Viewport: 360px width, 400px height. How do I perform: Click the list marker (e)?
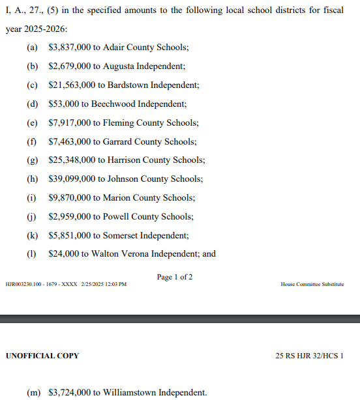click(32, 123)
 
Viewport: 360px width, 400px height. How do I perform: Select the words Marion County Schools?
click(149, 198)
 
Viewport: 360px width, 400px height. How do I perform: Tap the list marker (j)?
click(32, 217)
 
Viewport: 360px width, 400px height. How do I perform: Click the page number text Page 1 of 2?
click(175, 278)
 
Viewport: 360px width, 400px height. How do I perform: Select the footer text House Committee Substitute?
click(312, 285)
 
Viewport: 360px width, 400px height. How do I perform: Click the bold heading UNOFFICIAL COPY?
click(42, 356)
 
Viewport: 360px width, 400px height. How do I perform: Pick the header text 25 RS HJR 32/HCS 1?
click(310, 356)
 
